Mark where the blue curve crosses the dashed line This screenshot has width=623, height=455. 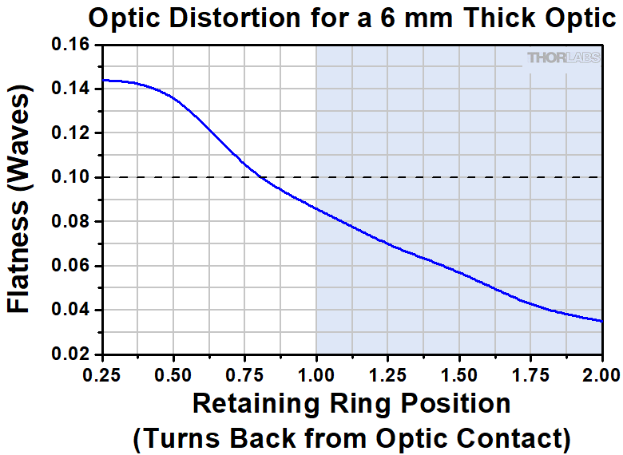coord(258,177)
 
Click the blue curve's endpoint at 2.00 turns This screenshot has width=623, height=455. coord(601,321)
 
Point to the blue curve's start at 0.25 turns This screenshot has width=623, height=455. coord(103,80)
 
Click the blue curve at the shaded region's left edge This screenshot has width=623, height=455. coord(316,208)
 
